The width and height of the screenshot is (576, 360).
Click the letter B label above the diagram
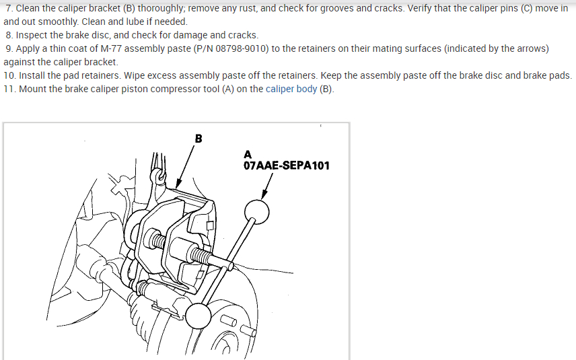[x=198, y=139]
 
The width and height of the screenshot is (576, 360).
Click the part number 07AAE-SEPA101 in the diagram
[x=287, y=165]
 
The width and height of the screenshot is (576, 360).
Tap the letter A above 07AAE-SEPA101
[x=248, y=154]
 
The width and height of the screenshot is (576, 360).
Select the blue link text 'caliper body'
[x=291, y=89]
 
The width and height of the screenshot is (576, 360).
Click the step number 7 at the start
[x=8, y=8]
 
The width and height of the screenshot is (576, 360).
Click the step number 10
[x=9, y=75]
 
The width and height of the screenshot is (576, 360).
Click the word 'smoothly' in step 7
[x=59, y=22]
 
